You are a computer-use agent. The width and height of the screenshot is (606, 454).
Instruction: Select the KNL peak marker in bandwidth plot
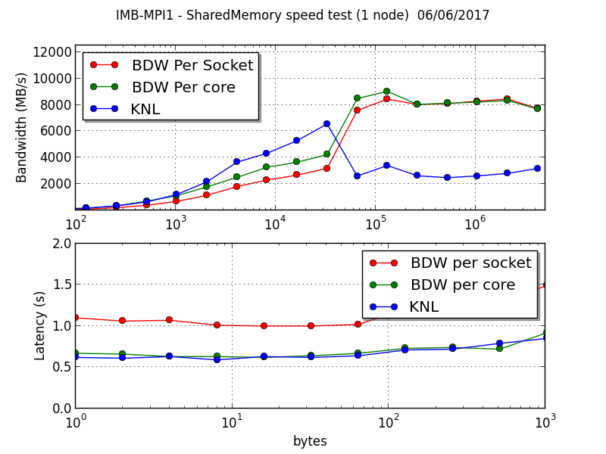326,123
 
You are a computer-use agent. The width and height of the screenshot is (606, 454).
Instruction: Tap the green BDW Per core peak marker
386,91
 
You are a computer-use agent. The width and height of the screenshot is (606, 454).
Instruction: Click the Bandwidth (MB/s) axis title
22,127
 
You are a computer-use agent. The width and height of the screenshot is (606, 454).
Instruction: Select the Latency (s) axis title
40,325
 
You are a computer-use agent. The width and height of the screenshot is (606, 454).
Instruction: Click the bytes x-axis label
310,440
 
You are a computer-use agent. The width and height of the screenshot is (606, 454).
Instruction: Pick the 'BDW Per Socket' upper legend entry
192,66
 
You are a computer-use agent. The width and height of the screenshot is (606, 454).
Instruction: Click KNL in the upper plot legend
145,109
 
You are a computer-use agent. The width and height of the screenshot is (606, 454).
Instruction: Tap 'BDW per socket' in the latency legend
470,263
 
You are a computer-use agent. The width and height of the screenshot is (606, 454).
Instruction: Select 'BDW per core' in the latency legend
462,285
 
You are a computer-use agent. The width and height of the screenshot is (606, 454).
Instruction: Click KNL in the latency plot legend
423,306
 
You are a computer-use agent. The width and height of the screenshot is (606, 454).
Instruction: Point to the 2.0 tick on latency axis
61,244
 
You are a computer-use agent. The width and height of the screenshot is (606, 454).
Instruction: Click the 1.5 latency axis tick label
61,285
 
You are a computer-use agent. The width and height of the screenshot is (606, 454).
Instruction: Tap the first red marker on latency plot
75,317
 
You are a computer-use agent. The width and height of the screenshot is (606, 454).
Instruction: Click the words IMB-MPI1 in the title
145,15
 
